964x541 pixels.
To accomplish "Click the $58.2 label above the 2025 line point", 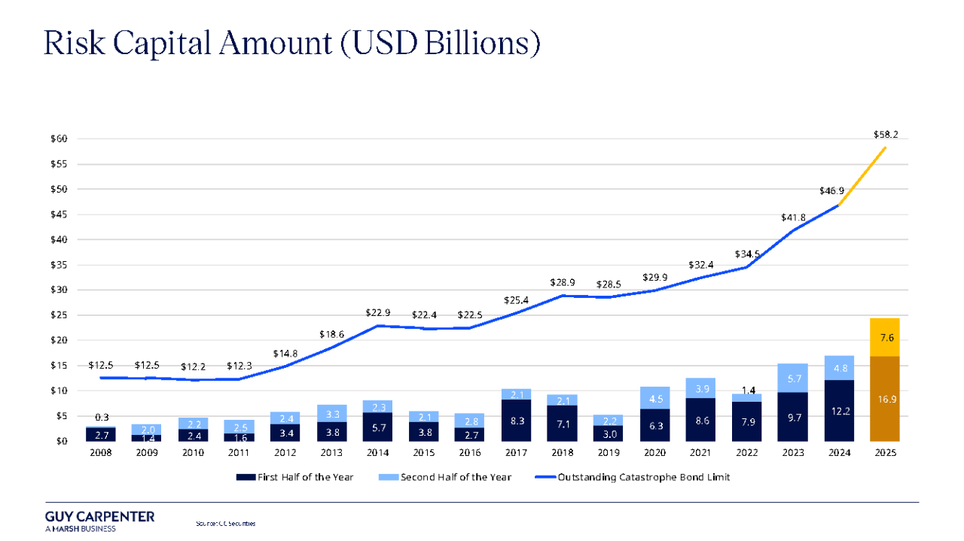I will click(x=885, y=135).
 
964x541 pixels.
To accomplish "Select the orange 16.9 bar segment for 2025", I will click(x=884, y=398).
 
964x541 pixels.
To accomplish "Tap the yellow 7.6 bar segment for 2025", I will click(x=884, y=337).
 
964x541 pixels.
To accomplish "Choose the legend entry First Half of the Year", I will click(x=298, y=477).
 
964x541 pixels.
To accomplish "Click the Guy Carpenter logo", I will click(x=99, y=521).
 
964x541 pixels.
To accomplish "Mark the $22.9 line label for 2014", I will click(x=377, y=312).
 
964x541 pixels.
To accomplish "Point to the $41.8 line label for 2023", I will click(x=792, y=218).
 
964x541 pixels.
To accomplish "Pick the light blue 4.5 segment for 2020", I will click(x=654, y=399).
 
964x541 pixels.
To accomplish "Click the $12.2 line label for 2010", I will click(x=194, y=366).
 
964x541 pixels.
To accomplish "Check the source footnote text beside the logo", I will click(x=225, y=523).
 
